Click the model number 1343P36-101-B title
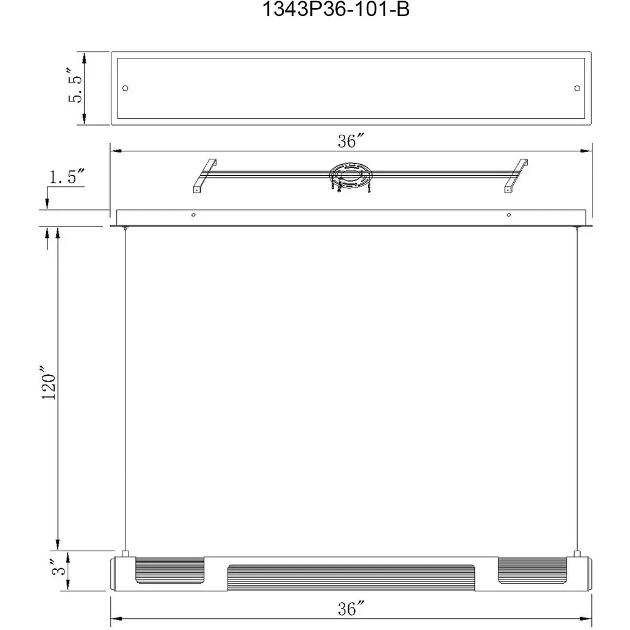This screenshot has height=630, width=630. click(335, 9)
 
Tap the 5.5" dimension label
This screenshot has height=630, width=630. click(75, 85)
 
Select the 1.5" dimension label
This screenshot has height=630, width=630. click(67, 177)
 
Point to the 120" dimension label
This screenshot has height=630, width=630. click(49, 383)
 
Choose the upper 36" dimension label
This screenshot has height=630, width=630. click(351, 141)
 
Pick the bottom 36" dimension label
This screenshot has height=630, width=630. click(351, 608)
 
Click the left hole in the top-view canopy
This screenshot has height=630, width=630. click(126, 88)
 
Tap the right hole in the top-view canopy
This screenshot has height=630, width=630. click(577, 88)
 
